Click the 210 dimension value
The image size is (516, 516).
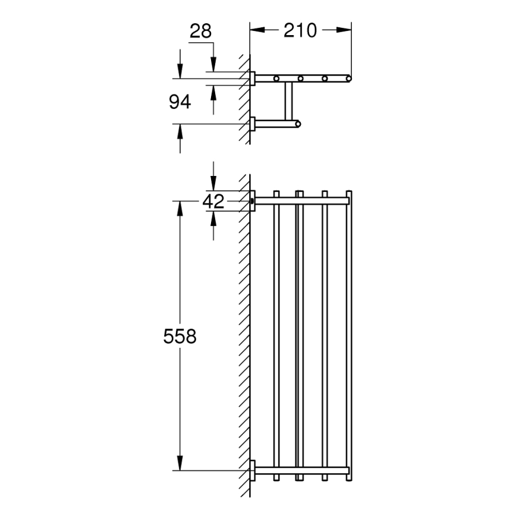tap(300, 30)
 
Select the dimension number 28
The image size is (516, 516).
tap(200, 31)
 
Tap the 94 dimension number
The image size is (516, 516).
tap(180, 102)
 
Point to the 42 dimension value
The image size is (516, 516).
tap(213, 202)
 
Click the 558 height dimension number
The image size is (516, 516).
tap(180, 336)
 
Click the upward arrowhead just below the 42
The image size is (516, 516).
tap(213, 219)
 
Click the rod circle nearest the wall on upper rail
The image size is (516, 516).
tap(276, 78)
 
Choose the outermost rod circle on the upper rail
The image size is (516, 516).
tap(349, 78)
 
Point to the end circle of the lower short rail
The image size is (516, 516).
tap(298, 124)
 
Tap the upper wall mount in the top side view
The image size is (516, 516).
tap(253, 78)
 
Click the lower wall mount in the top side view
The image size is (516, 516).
tap(253, 124)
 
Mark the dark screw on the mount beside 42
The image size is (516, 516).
tap(253, 202)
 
